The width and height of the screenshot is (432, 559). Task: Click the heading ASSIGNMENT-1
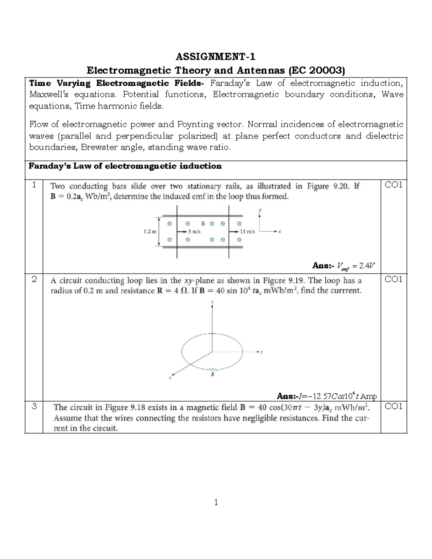tap(216, 57)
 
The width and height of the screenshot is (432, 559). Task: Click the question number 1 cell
tap(34, 185)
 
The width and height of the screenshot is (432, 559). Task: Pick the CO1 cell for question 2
tap(393, 279)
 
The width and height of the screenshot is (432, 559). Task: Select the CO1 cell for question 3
tap(393, 407)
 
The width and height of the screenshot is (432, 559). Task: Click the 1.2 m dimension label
tap(150, 232)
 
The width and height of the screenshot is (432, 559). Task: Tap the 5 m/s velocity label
tap(194, 232)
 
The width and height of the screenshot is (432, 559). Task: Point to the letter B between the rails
tap(203, 224)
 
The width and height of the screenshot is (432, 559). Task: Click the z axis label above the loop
tap(212, 302)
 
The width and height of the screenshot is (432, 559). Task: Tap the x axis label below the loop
tap(170, 378)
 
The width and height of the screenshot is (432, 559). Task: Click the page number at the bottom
tap(216, 502)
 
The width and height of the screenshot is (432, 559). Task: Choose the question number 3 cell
tap(34, 407)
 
